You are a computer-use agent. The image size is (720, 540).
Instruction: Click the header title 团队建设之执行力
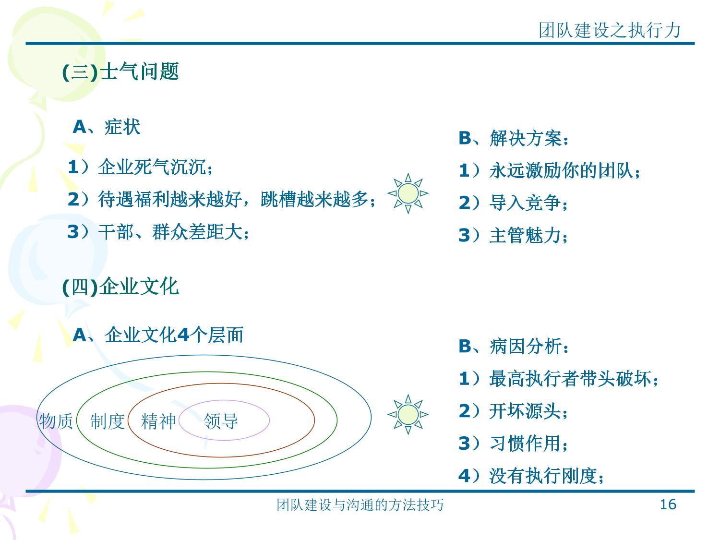coord(610,30)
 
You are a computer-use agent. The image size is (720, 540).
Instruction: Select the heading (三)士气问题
coord(120,72)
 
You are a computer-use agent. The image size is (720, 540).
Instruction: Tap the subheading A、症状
coord(106,127)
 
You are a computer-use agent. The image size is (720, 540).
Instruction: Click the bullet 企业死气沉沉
coord(140,167)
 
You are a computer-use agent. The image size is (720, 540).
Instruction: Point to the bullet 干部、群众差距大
coord(158,231)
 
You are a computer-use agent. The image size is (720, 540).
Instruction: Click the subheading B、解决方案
coord(514,138)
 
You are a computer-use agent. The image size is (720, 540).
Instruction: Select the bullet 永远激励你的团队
coord(550,170)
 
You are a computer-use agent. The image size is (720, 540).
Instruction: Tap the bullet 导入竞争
coord(513,202)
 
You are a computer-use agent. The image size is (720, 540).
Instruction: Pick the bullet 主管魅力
coord(513,235)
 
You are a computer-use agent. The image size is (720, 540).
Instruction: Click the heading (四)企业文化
coord(120,286)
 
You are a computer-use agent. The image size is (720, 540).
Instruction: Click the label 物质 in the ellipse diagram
coord(56,421)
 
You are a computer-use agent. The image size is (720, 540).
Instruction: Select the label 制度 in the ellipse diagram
coord(107,421)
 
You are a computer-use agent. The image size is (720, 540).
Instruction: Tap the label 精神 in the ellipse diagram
coord(158,421)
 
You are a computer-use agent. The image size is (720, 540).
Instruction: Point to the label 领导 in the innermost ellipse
coord(221,421)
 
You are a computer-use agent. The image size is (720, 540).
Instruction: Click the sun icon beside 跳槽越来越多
coord(408,193)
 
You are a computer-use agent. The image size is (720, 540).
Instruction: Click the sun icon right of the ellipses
coord(408,414)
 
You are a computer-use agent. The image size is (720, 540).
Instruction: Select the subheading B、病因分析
coord(514,346)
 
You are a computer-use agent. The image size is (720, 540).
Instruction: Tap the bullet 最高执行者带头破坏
coord(559,379)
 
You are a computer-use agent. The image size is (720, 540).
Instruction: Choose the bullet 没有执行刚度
coord(531,476)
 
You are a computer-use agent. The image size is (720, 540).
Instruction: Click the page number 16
coord(668,504)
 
